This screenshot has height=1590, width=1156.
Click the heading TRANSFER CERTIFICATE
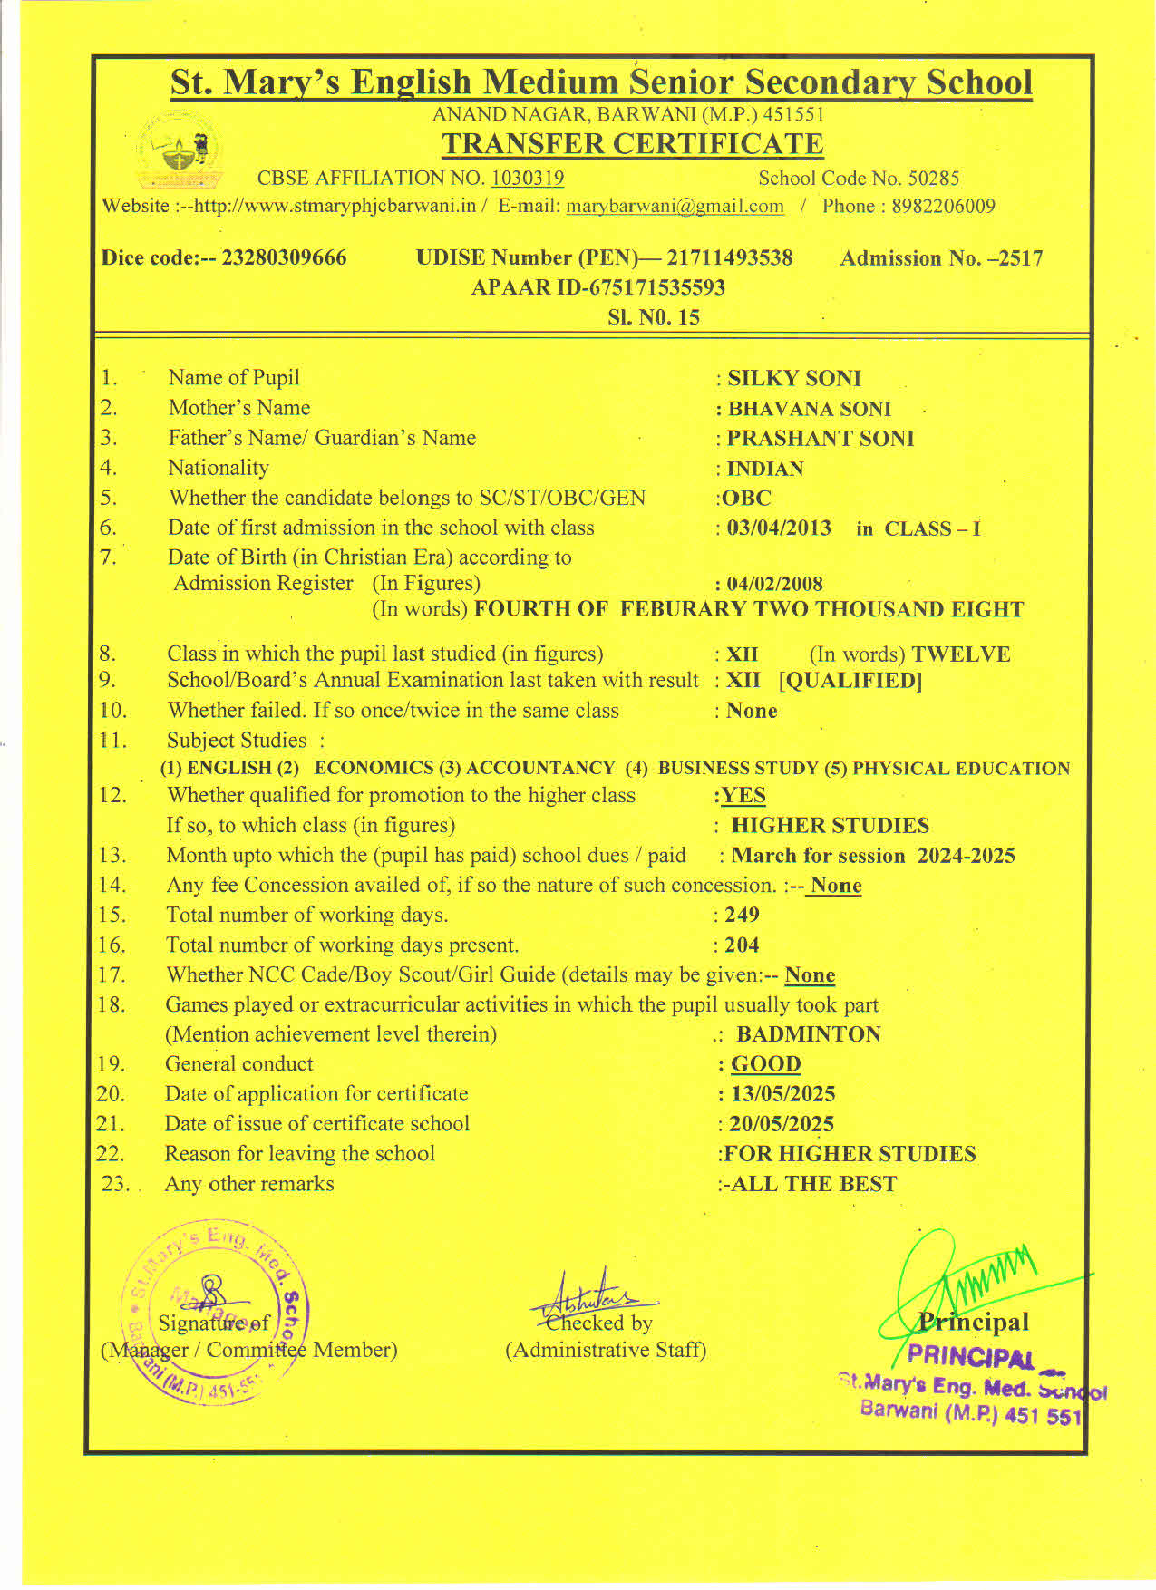[x=632, y=144]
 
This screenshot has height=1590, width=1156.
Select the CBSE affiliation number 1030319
[x=527, y=179]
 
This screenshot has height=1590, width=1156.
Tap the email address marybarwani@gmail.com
[x=675, y=207]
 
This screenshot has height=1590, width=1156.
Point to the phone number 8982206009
[x=943, y=207]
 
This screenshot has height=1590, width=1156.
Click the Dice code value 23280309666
[x=284, y=258]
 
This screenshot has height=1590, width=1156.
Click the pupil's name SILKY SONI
[x=794, y=379]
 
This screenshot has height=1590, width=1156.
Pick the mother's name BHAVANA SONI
[x=809, y=409]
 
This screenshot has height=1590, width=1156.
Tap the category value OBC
[x=746, y=499]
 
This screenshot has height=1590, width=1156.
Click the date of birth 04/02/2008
[x=774, y=585]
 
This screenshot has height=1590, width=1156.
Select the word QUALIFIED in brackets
[x=850, y=681]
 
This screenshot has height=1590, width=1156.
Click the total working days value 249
[x=742, y=916]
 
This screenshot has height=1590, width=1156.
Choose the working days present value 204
[x=742, y=945]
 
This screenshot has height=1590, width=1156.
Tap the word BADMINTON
[x=808, y=1035]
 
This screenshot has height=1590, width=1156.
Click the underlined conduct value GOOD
[x=765, y=1065]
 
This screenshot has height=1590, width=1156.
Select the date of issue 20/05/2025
[x=782, y=1125]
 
